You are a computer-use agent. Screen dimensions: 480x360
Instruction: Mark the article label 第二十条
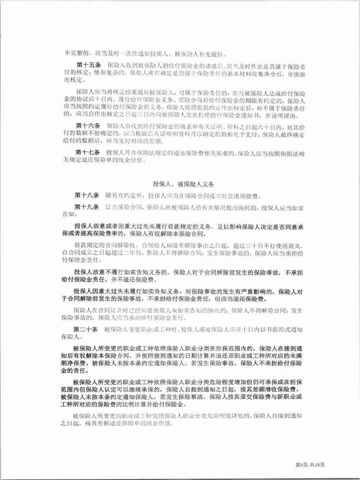coord(87,330)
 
